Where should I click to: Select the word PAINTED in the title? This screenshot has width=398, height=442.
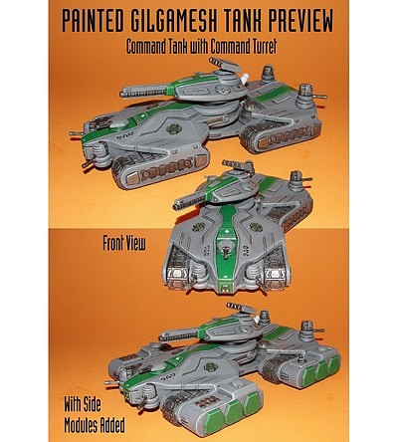(93, 22)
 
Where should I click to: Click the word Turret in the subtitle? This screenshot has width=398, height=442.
(262, 47)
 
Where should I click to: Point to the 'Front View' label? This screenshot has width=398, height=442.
(124, 243)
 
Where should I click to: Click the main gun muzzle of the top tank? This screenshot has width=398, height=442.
(123, 95)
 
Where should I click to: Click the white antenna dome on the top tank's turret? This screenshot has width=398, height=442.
(245, 79)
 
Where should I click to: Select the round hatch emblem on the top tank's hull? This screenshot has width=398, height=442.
(173, 128)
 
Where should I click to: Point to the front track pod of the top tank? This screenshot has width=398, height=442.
(161, 168)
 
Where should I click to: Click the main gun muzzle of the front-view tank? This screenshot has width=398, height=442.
(177, 206)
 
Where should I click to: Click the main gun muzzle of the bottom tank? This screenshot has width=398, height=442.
(163, 338)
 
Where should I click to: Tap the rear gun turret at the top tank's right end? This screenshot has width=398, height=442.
(307, 94)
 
